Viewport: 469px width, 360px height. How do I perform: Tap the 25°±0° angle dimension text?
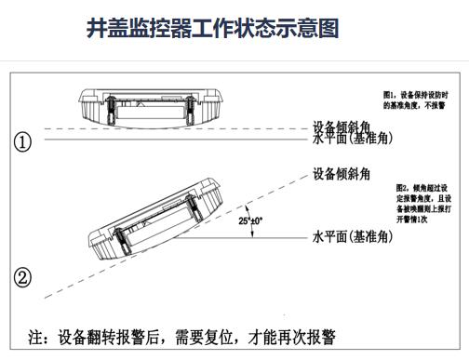point(249,221)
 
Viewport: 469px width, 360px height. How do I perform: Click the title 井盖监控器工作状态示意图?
point(211,29)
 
